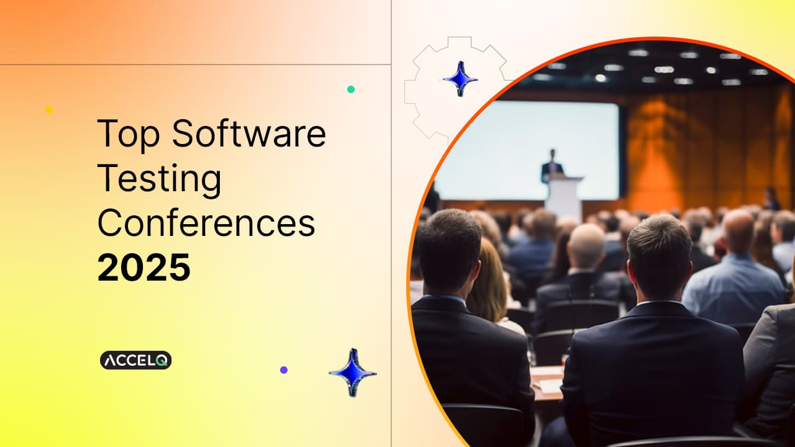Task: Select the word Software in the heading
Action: (x=249, y=133)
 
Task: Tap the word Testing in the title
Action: (x=160, y=179)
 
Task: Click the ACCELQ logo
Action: (x=135, y=360)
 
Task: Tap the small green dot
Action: (x=351, y=89)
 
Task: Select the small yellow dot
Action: (x=49, y=110)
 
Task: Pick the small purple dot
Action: (x=284, y=369)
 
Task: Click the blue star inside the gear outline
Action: (x=460, y=79)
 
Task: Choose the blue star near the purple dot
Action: (x=352, y=372)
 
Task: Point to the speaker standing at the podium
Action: (x=552, y=165)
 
